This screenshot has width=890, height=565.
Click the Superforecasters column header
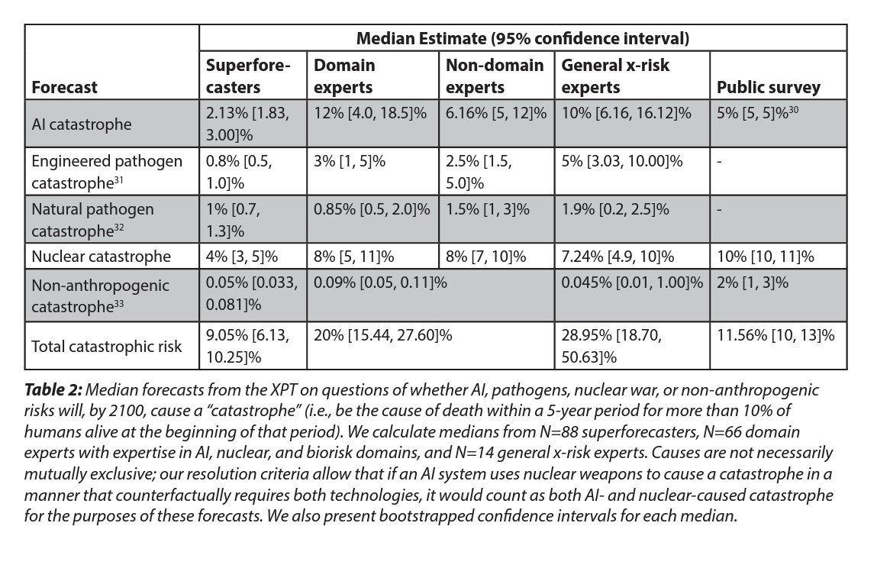(248, 76)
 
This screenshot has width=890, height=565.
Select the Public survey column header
(769, 87)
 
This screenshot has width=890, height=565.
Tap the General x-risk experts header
(615, 76)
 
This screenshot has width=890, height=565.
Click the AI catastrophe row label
(81, 124)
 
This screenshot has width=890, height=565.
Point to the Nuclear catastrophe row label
(101, 256)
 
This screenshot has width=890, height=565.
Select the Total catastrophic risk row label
(107, 346)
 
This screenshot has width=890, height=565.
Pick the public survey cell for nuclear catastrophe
(765, 256)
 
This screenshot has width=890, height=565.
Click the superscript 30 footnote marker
(794, 110)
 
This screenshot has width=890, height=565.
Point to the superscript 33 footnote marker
(118, 303)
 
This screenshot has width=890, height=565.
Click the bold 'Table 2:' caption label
(53, 389)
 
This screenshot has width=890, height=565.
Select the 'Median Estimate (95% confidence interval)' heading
(523, 38)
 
